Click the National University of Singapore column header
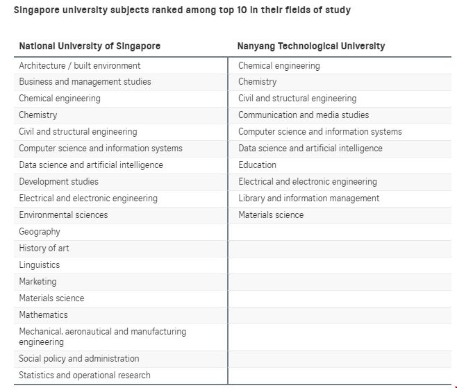(x=90, y=46)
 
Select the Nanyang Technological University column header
(x=311, y=46)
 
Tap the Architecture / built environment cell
(x=79, y=65)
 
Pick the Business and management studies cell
(x=85, y=82)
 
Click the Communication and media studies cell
(x=304, y=115)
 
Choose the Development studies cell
(x=58, y=182)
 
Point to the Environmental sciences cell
(x=63, y=215)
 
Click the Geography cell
(x=40, y=232)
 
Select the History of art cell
(x=44, y=248)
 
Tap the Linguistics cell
(x=40, y=265)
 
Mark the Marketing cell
(x=38, y=282)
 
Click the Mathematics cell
(x=43, y=315)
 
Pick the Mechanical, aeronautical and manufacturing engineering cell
(x=102, y=337)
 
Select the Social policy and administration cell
(x=78, y=359)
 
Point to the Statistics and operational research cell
(x=84, y=376)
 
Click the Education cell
(x=257, y=165)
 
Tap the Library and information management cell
(x=308, y=199)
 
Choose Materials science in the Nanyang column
(x=271, y=215)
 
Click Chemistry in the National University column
(x=38, y=115)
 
